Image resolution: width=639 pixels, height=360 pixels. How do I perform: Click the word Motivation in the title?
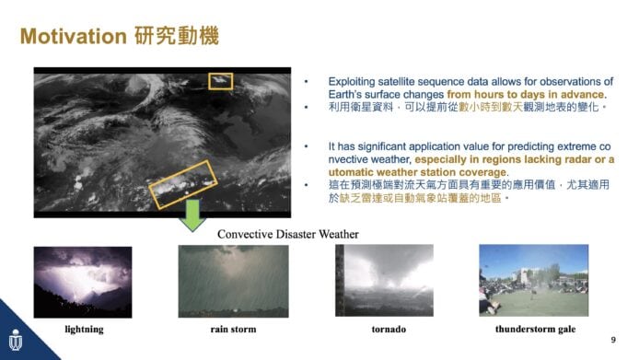74,36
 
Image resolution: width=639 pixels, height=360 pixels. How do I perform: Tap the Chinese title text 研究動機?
177,36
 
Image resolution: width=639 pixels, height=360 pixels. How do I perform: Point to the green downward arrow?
192,215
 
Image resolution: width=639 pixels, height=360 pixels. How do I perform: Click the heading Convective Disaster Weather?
287,234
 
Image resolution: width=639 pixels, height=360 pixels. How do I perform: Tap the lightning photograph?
83,282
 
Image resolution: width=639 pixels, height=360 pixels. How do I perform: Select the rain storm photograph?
233,281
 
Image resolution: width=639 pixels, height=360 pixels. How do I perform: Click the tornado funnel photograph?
384,281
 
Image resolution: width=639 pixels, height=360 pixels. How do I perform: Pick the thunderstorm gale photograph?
534,281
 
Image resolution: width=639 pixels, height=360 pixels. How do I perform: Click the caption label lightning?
84,330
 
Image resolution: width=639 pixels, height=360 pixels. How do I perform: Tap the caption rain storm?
234,329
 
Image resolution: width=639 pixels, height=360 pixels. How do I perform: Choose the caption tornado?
389,329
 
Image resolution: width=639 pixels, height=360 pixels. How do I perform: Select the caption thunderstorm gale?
536,329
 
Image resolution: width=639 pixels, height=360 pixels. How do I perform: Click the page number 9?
613,340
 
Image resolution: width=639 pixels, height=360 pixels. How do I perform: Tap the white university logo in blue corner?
16,340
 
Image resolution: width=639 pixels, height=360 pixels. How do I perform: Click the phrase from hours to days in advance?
526,95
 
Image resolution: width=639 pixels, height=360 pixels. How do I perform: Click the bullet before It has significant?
306,146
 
